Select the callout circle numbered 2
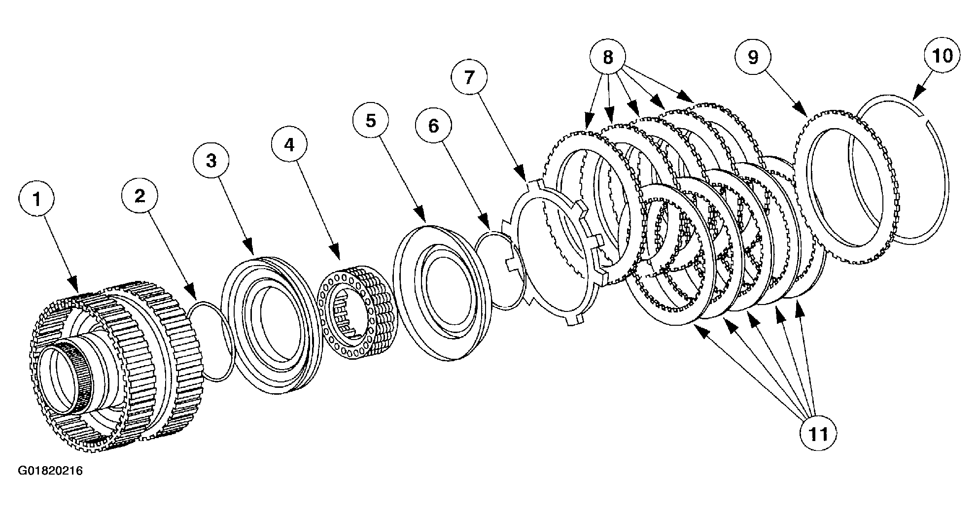(140, 196)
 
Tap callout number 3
(211, 161)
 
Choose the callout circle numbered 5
(370, 120)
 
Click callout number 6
(433, 126)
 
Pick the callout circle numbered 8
(607, 57)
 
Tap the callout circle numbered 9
(753, 57)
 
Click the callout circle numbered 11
(818, 433)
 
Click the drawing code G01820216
(50, 471)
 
